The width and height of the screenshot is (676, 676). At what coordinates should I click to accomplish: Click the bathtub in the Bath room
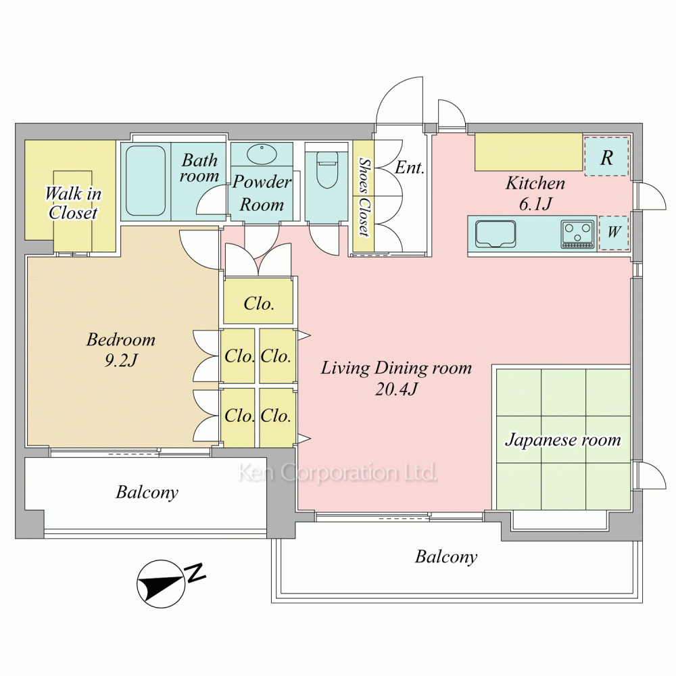point(146,180)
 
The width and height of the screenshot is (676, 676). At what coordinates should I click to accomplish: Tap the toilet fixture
point(327,169)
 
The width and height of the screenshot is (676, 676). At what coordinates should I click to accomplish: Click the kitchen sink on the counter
point(496,234)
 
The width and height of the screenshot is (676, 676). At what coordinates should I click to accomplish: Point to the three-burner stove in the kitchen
point(577,234)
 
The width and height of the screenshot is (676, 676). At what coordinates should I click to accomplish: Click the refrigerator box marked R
point(606,157)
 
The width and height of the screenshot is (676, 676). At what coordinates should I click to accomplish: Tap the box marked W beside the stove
point(614,233)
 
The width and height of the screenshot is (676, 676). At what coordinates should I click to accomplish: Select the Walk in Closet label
point(73,203)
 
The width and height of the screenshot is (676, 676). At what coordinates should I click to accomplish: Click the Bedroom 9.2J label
point(121,349)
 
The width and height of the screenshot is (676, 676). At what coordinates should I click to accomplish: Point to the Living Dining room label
point(396,368)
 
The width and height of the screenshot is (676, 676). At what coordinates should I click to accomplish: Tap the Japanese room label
point(563,440)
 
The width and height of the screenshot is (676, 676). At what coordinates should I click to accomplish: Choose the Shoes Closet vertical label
point(364,197)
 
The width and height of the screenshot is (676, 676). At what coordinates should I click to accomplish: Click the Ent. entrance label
point(410,167)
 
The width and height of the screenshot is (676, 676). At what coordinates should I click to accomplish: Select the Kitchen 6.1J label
point(535,193)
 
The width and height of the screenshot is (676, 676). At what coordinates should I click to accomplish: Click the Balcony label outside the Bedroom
point(147,492)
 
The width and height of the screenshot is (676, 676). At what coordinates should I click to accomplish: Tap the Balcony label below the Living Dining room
point(446,557)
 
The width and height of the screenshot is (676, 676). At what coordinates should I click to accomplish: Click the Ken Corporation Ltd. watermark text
point(337,473)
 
